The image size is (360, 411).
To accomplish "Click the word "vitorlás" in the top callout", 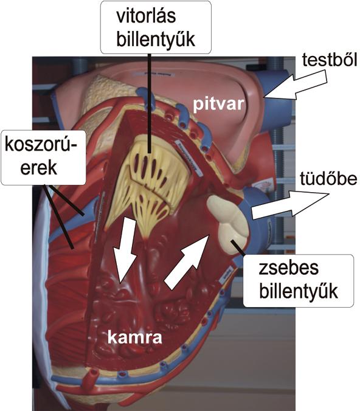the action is [146, 16].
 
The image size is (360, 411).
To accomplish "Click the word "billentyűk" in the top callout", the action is [156, 39].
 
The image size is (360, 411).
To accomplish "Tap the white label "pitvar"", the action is [218, 105].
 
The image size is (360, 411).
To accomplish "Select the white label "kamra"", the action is [135, 337].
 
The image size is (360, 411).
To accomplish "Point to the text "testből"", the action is [330, 60].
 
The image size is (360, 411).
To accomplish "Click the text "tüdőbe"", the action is [328, 179].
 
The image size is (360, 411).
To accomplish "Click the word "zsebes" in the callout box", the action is [288, 268].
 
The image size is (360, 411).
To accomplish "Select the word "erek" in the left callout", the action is [38, 167].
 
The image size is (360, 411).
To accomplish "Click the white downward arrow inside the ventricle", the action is [125, 251].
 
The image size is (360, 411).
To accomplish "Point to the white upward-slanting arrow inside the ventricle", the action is [187, 262].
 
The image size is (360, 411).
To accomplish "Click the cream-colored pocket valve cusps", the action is [227, 225].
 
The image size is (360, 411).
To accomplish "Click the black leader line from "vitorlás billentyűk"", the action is [149, 103].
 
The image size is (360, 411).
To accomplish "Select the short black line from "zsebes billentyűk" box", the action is [238, 247].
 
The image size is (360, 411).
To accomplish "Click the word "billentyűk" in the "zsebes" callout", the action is [298, 291].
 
